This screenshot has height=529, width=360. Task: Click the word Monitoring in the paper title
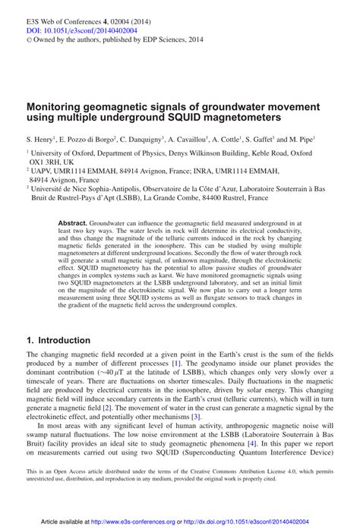tap(58, 108)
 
